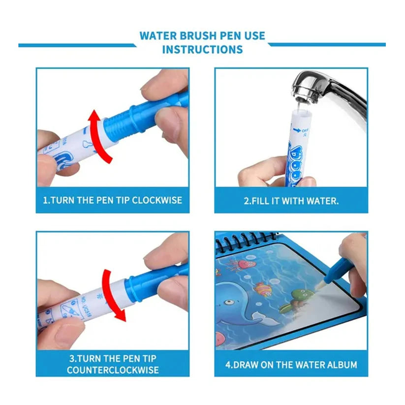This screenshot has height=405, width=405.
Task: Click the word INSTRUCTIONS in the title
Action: click(202, 50)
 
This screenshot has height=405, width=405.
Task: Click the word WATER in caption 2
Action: click(312, 200)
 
